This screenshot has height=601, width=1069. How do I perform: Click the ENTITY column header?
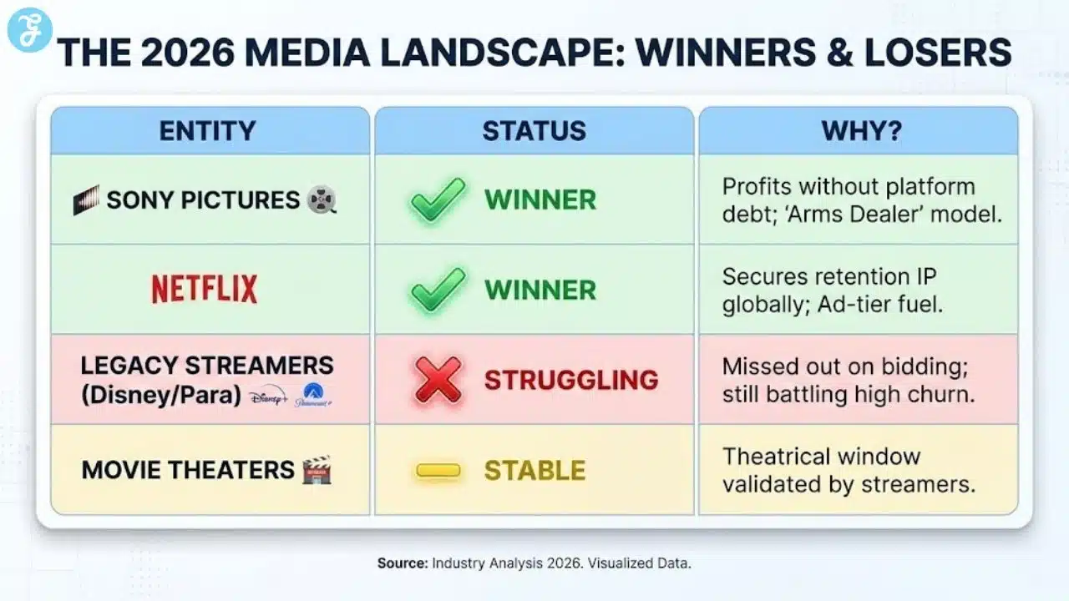(208, 131)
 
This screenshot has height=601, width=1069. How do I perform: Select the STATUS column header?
(534, 131)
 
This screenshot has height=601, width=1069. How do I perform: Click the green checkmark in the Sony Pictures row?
(438, 199)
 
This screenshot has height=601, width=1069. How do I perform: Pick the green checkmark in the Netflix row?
(438, 289)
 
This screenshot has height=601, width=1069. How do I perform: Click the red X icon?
(438, 381)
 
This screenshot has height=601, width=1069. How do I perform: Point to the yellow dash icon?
(438, 471)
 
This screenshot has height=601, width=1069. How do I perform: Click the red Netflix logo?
(205, 289)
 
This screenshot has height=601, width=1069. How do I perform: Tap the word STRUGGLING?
(571, 381)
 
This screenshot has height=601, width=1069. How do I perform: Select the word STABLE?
(535, 471)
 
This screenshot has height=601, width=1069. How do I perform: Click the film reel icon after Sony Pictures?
(322, 200)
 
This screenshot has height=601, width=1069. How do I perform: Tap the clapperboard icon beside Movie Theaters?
(317, 470)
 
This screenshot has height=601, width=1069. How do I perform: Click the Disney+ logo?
(267, 396)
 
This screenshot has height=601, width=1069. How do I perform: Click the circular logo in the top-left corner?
(29, 31)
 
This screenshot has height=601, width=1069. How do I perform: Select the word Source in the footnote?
(403, 563)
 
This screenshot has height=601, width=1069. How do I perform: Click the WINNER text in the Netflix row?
(540, 290)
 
